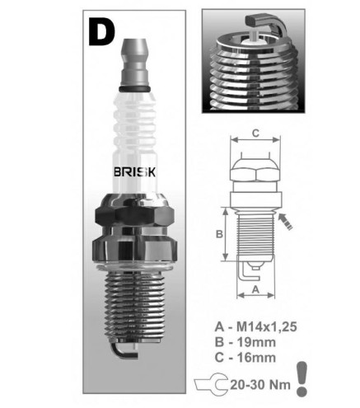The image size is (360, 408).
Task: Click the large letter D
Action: (x=101, y=33)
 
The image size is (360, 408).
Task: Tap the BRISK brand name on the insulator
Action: (x=134, y=172)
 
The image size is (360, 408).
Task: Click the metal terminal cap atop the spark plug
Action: (x=134, y=63)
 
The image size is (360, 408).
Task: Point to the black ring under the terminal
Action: (x=134, y=89)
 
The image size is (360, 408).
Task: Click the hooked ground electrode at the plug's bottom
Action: (x=124, y=350)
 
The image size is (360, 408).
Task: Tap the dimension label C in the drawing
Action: (x=255, y=133)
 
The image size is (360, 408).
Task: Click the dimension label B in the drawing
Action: (x=219, y=234)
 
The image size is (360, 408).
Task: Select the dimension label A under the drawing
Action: (x=255, y=289)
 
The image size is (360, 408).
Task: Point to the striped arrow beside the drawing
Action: (x=286, y=222)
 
